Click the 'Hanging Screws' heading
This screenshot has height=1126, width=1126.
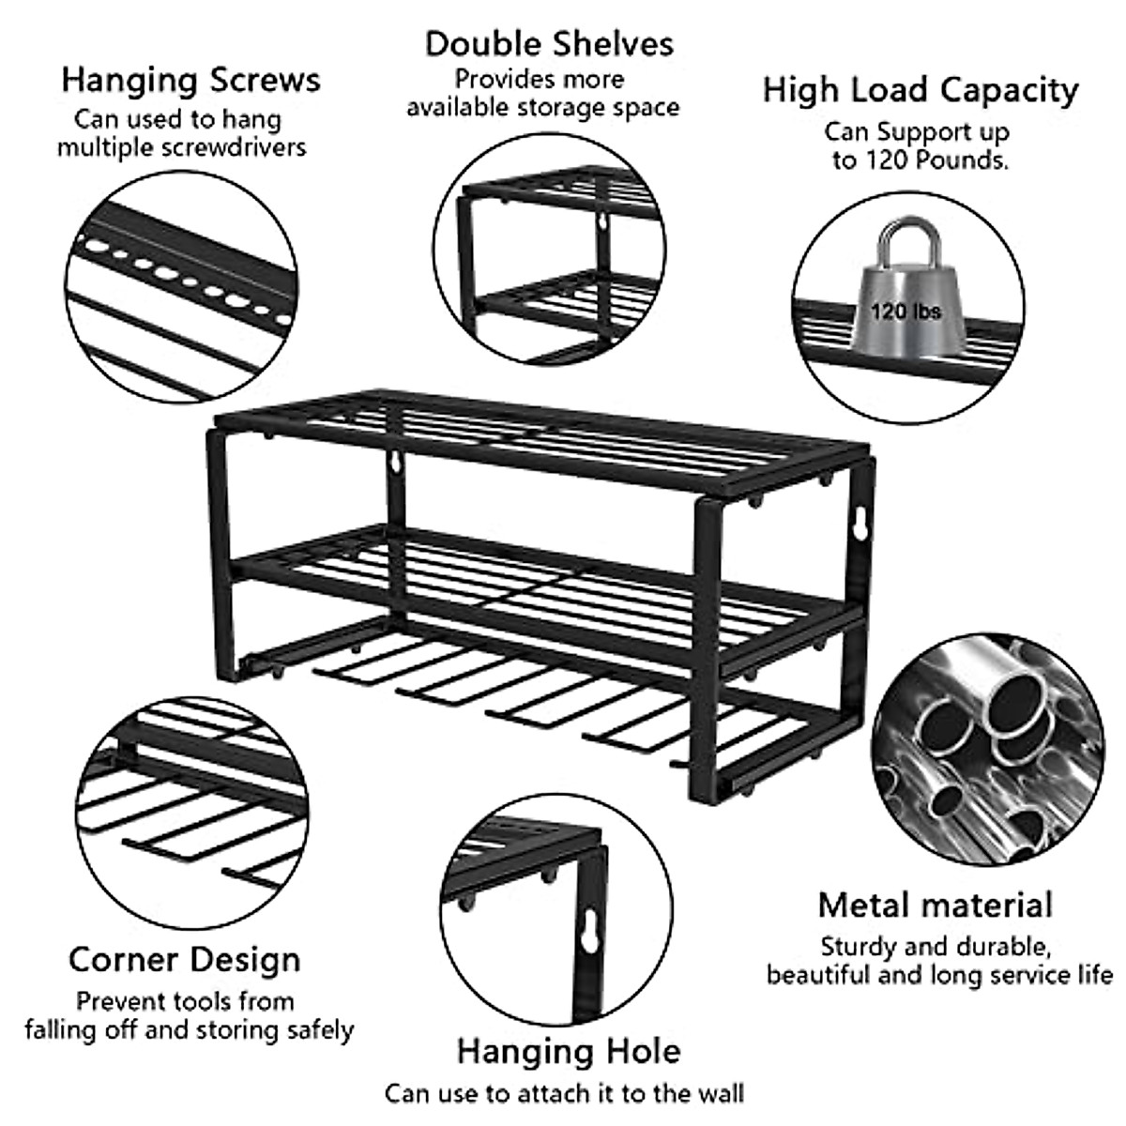(x=190, y=80)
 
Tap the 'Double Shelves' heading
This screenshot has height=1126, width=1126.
(x=549, y=44)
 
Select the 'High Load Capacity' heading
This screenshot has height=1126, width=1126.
(x=920, y=90)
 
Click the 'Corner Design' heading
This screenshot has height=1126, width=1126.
(x=185, y=960)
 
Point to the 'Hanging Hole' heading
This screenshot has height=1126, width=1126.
(x=569, y=1050)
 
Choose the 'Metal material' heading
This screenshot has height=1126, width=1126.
(x=935, y=905)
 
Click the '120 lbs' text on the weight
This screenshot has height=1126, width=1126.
(x=905, y=311)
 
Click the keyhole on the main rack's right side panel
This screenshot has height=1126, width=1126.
(x=861, y=527)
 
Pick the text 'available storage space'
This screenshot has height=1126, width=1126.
(x=542, y=108)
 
